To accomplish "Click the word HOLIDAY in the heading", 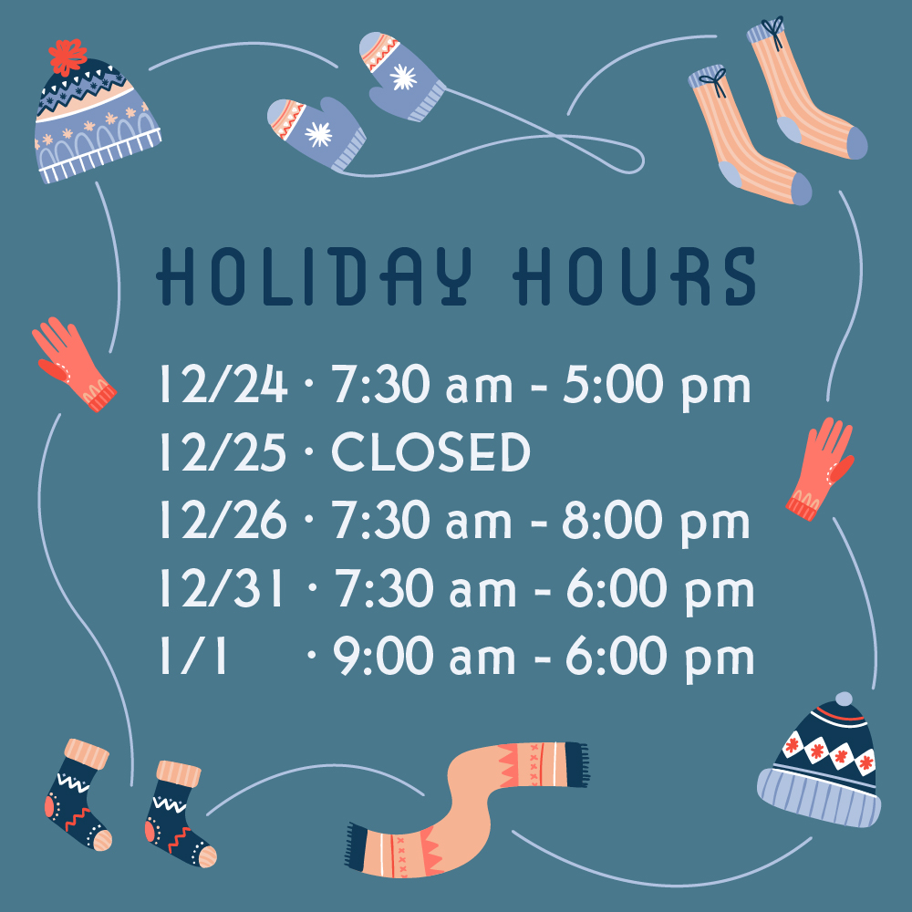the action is (315, 276).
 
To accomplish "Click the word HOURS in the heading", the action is (634, 276).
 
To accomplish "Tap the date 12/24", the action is (223, 384).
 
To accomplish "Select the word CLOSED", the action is (430, 451).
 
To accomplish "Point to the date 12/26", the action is (223, 520).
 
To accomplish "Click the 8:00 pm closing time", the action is (656, 522).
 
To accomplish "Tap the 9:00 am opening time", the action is (424, 656).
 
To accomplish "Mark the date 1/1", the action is (192, 656).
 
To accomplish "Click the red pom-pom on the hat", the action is (67, 57).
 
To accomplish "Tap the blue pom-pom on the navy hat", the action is (844, 700).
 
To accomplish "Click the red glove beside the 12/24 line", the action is (73, 364).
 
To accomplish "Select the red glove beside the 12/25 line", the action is (820, 468).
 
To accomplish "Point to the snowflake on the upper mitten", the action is (403, 78).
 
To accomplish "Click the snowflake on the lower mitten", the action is (318, 134).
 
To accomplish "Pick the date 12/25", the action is (223, 451).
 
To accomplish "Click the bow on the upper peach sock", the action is (773, 30).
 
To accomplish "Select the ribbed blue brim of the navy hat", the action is (819, 797).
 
